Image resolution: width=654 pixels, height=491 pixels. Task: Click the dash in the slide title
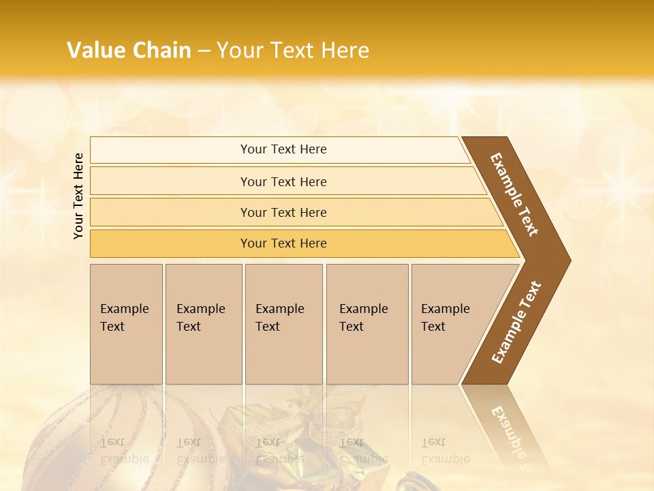pos(204,51)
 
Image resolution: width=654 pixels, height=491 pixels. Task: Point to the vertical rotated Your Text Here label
pos(78,196)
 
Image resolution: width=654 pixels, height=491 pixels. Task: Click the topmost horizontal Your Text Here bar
pos(283,149)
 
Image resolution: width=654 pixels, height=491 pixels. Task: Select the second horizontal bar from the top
pos(283,181)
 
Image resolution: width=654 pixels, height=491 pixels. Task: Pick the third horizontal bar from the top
pos(283,212)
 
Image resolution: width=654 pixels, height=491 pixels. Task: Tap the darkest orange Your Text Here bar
pos(283,243)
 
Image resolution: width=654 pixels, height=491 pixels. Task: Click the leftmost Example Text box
pos(126,323)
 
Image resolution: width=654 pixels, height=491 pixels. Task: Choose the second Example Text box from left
pos(203,323)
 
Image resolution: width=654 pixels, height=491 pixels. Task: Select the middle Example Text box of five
pos(283,323)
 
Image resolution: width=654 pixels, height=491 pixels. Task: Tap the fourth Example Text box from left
pos(367,323)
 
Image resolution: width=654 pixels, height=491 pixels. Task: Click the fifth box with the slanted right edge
pos(453,323)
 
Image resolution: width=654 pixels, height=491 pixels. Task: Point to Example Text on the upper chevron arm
pos(514,194)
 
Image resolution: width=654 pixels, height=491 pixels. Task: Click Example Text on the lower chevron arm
pos(516,323)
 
